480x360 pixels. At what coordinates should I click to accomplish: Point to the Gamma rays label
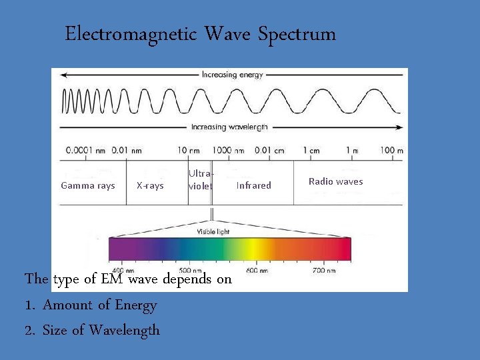tap(87, 186)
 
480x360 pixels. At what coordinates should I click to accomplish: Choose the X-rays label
tap(149, 186)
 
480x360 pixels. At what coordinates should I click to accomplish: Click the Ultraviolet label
tap(200, 180)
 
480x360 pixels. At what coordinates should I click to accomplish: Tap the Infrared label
tap(253, 186)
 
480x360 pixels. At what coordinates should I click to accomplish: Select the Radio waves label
tap(335, 181)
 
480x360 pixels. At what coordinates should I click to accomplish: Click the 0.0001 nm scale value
tap(81, 151)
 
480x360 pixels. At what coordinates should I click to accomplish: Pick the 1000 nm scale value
tap(229, 151)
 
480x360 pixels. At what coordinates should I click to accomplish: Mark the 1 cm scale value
tap(311, 151)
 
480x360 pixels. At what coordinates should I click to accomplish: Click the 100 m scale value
tap(390, 151)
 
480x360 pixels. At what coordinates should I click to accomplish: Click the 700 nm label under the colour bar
tap(323, 271)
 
